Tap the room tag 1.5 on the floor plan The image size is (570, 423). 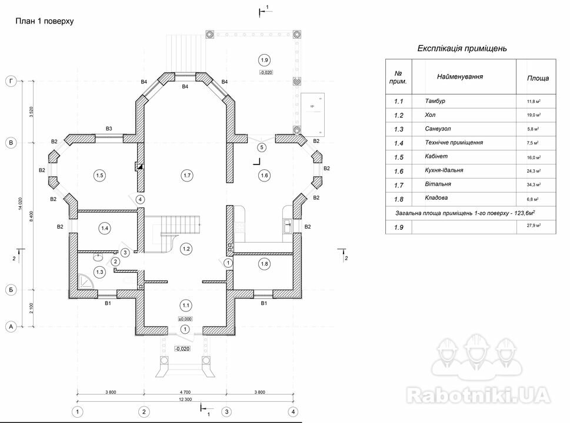99,175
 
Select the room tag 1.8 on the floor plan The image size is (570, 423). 264,264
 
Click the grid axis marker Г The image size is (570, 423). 10,82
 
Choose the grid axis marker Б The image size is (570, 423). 10,290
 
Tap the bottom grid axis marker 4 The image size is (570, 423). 294,411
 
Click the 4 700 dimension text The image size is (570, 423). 185,392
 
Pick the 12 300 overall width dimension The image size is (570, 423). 185,399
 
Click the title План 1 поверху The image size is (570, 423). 44,21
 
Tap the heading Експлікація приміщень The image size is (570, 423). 462,48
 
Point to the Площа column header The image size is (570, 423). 538,78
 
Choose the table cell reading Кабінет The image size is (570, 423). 436,157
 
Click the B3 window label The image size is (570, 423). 109,128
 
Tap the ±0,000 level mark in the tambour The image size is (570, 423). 185,318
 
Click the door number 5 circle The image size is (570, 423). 262,147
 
